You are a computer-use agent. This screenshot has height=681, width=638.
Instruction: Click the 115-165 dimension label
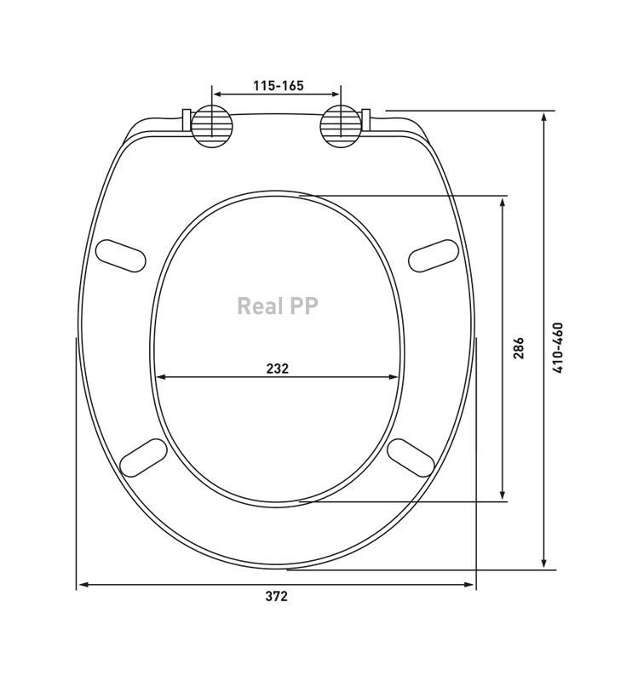click(279, 86)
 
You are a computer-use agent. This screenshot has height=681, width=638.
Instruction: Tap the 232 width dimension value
click(278, 369)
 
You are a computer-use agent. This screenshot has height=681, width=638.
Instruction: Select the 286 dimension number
click(519, 348)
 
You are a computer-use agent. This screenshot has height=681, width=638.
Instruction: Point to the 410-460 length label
click(557, 347)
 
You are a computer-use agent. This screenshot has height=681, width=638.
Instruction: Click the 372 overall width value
click(277, 597)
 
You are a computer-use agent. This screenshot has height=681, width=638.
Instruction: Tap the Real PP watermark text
click(278, 306)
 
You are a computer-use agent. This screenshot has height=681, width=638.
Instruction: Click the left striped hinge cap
click(211, 126)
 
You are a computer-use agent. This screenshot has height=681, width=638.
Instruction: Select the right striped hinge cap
click(341, 126)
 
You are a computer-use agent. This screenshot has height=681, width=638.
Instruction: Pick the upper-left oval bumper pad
click(121, 256)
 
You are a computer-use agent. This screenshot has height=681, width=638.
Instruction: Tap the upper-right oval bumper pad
click(434, 256)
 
